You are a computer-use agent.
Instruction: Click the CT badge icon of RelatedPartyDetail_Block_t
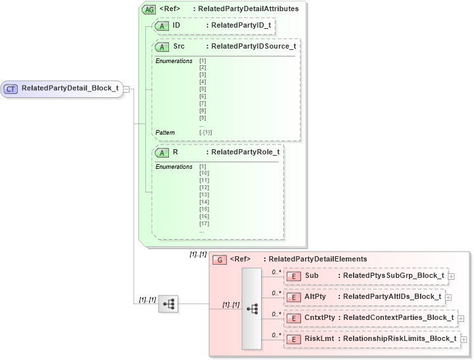click(11, 89)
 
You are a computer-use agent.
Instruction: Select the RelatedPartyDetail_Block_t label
click(70, 89)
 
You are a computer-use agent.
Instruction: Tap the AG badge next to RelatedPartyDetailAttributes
click(149, 9)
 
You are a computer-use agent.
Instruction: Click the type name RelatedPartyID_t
click(241, 25)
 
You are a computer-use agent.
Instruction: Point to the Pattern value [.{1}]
click(205, 133)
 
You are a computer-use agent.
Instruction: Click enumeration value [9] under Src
click(202, 118)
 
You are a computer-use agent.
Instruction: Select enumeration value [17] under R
click(204, 223)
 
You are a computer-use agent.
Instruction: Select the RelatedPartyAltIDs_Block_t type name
click(392, 297)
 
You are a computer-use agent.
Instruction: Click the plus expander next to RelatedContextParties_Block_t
click(461, 319)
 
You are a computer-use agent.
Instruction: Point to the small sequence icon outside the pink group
click(168, 304)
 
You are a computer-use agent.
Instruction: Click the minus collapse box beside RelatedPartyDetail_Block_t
click(126, 89)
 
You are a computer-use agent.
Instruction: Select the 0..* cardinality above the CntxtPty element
click(277, 313)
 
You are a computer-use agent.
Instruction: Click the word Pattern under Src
click(165, 133)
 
